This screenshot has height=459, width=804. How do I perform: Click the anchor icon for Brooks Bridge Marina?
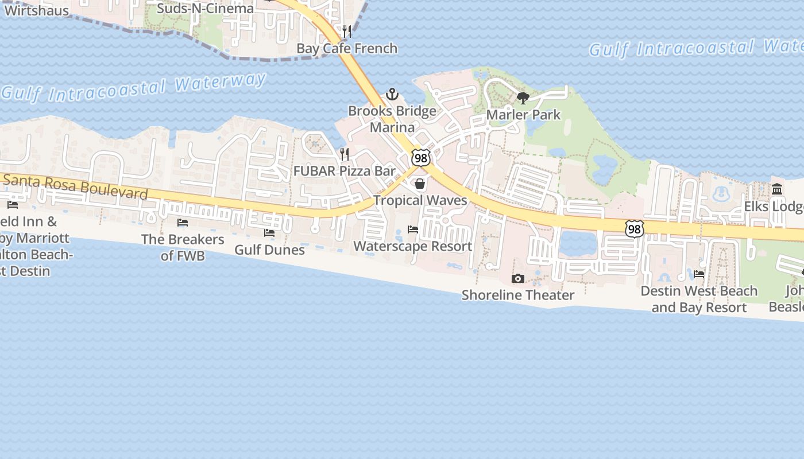392,94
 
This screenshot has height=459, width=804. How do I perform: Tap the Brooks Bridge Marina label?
392,119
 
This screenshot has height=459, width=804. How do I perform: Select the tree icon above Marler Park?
523,98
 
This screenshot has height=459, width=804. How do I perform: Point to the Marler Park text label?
523,114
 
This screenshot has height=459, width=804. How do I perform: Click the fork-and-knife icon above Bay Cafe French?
347,31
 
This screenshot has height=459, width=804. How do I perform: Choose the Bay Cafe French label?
347,48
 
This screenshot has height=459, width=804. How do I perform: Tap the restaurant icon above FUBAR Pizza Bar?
344,154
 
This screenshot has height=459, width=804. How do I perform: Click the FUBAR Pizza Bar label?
345,171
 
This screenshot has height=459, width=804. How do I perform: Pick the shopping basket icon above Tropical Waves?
420,184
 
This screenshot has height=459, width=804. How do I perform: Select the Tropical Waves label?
420,200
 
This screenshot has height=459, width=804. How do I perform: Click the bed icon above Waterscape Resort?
413,229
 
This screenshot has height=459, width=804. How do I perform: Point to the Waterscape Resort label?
413,246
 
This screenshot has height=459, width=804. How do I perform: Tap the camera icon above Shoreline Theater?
518,278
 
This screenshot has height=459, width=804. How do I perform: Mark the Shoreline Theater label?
518,295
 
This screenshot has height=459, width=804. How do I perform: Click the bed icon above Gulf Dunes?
269,233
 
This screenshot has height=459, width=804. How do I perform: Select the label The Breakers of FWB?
183,247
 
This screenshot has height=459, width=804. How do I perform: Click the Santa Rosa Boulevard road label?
75,186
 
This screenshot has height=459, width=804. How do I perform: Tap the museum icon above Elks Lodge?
777,189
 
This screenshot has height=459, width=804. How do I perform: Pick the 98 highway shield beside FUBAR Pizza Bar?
421,158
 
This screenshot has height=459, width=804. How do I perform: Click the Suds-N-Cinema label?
205,8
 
